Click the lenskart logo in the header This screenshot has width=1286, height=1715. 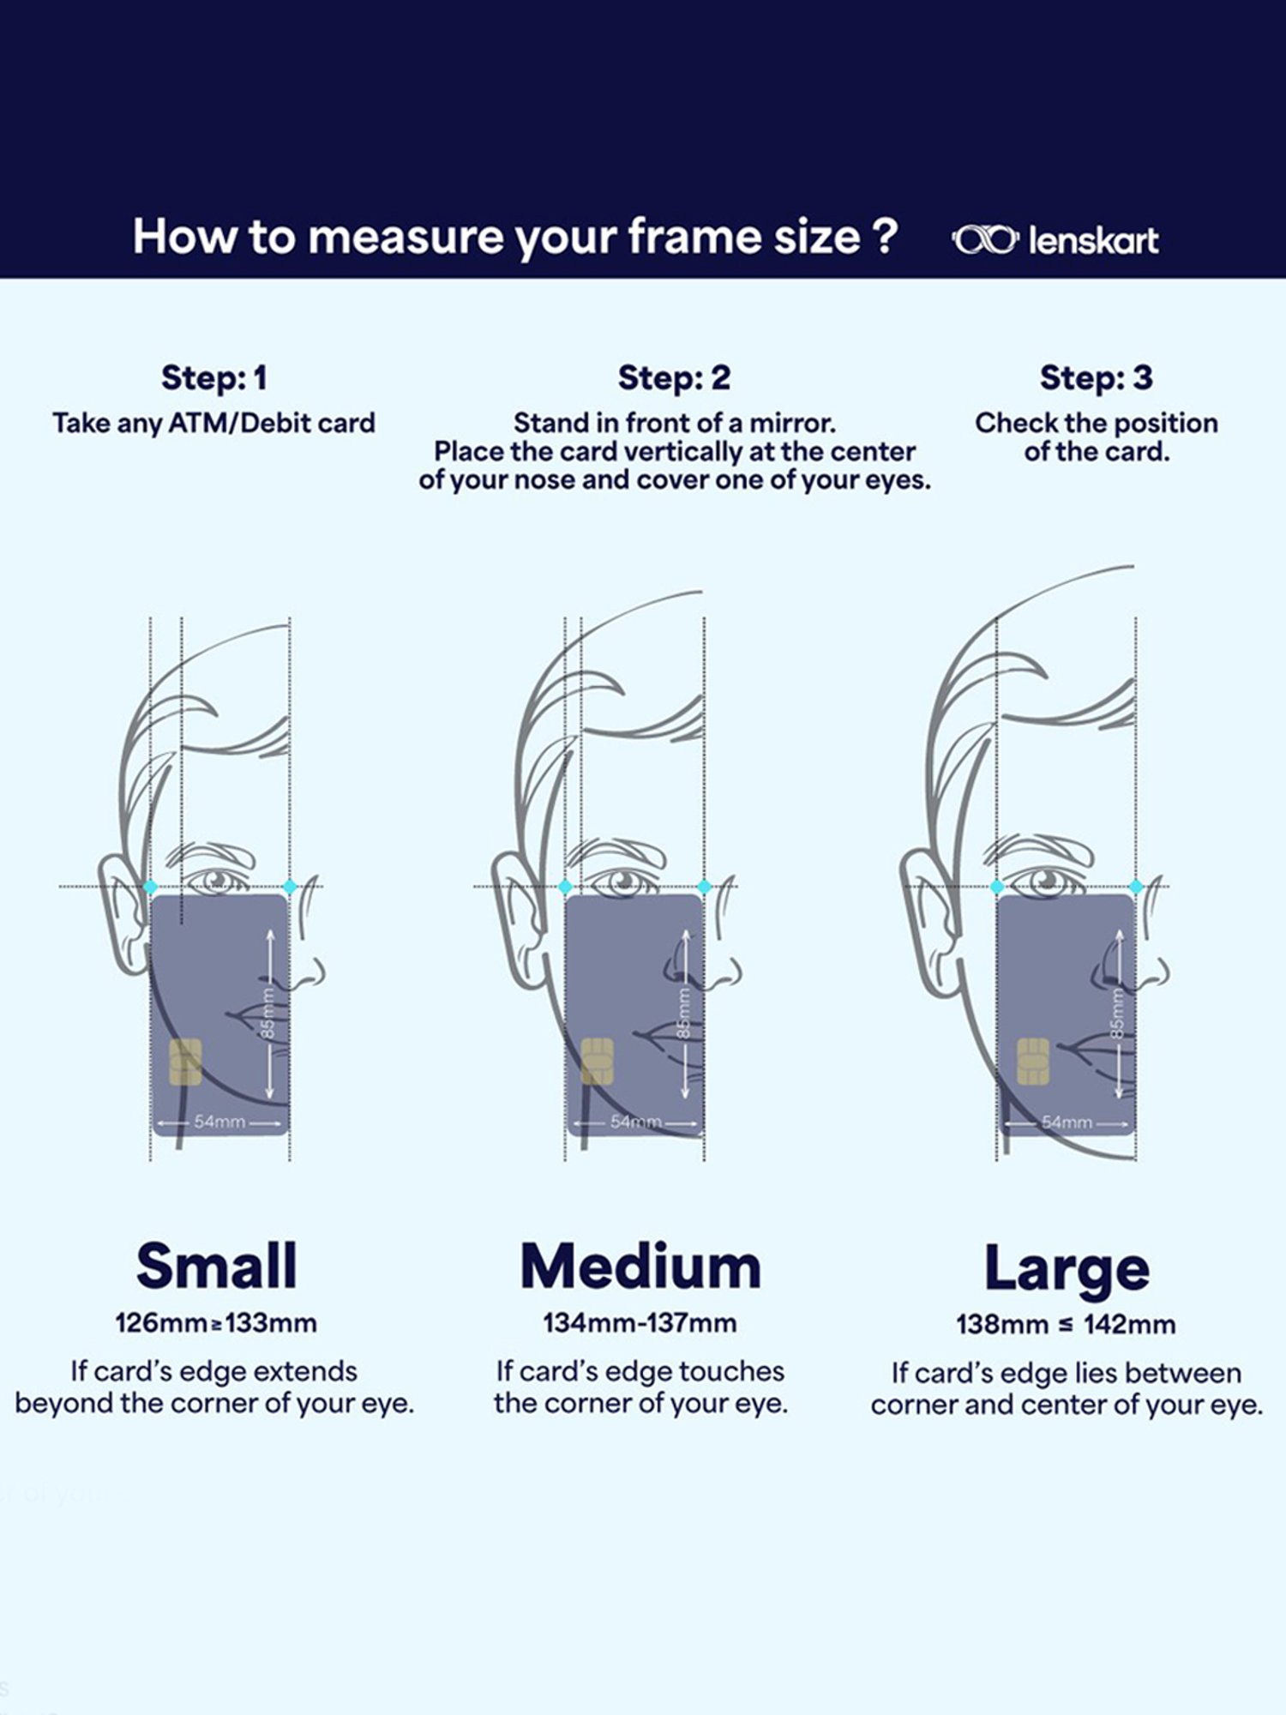point(1055,240)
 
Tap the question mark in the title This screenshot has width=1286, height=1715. point(886,236)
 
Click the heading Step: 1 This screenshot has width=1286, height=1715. point(214,378)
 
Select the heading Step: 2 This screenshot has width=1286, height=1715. point(674,378)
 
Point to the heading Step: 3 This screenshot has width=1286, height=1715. point(1097,378)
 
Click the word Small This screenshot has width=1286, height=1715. point(217,1266)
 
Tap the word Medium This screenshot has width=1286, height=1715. point(640,1267)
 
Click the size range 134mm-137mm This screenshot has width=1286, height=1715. point(640,1322)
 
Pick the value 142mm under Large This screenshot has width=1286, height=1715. point(1129,1324)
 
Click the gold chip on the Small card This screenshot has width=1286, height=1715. point(185,1062)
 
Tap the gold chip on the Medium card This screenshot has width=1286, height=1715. point(598,1062)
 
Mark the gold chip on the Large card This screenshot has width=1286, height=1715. point(1033,1062)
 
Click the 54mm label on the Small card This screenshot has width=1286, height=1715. point(219,1122)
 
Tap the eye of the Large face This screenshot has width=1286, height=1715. point(1045,881)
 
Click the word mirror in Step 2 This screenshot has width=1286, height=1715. point(792,423)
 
